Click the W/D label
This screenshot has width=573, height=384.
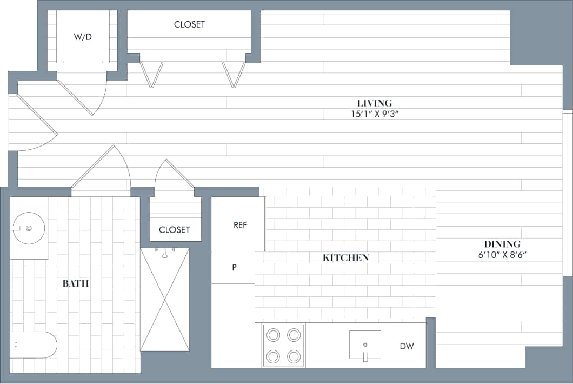[x=83, y=37]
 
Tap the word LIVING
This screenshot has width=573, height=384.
[x=374, y=103]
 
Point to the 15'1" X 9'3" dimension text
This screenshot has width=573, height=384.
[x=374, y=114]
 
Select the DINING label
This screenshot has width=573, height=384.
[x=502, y=244]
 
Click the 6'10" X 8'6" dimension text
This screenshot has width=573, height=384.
[x=502, y=255]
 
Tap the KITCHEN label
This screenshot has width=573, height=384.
[x=345, y=258]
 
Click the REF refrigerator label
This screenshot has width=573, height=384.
[x=240, y=225]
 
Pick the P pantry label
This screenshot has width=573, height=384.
[x=234, y=267]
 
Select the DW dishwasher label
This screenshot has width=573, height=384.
[x=407, y=346]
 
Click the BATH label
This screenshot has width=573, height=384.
[x=76, y=283]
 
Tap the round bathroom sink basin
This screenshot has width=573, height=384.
[x=29, y=228]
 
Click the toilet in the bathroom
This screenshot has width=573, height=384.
[x=34, y=345]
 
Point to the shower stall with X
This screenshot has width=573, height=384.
[x=165, y=300]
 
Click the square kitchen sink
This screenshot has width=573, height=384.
[x=365, y=345]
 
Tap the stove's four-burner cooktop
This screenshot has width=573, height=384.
[x=284, y=346]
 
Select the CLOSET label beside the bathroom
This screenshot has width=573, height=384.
[x=174, y=230]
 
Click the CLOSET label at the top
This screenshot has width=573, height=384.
[x=189, y=24]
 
